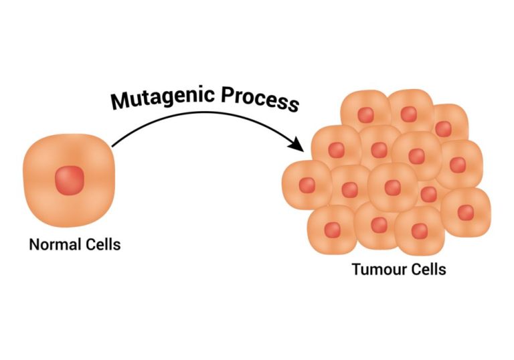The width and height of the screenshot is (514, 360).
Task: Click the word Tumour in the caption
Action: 375,270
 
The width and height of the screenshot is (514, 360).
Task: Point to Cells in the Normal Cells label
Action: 100,244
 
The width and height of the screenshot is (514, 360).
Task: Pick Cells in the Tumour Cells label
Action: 425,270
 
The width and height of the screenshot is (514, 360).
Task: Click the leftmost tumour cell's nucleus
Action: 307,185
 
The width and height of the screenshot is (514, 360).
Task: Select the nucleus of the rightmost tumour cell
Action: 466,212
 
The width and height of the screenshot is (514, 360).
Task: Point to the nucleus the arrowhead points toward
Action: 336,150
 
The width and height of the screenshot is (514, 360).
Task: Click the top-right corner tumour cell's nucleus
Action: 443,128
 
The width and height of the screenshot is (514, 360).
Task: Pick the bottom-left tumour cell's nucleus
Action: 333,230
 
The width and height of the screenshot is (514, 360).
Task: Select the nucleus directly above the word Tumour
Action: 379,224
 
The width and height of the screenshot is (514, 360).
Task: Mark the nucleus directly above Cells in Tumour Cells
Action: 420,231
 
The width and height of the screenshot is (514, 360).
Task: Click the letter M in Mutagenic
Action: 120,100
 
